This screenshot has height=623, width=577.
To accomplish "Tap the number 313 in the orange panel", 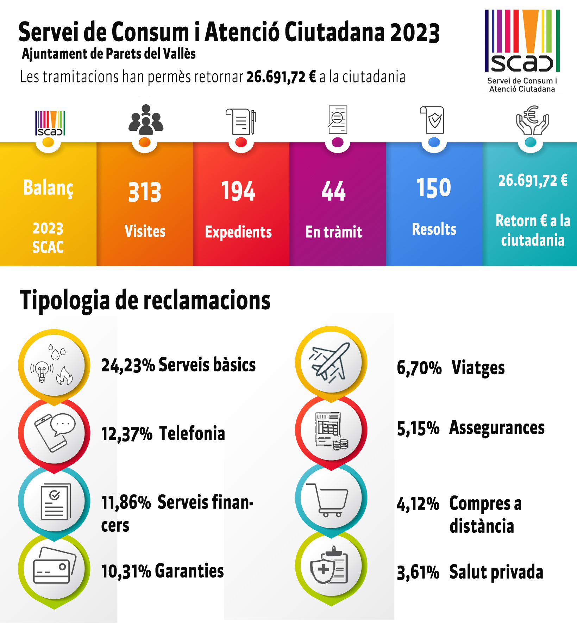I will [x=145, y=192].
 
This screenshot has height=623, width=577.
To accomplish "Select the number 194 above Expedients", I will [x=238, y=191].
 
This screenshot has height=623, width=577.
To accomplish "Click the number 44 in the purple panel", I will [x=333, y=191].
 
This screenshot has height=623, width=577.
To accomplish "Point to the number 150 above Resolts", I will [x=434, y=187].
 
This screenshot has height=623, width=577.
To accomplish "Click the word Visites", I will [x=145, y=232].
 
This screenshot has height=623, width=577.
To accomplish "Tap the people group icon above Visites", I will [x=146, y=120].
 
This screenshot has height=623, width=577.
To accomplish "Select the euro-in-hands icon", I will [x=532, y=121].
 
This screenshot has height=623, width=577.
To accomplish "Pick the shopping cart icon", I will [x=328, y=500].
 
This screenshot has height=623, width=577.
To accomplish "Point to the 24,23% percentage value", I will [x=128, y=365].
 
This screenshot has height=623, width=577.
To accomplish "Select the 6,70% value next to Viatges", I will [x=419, y=368].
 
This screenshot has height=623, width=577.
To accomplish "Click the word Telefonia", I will [x=192, y=433].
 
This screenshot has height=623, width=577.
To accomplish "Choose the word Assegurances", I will [x=497, y=428].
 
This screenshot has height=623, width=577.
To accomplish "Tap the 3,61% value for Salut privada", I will [x=418, y=572].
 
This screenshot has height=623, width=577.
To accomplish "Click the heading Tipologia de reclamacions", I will [x=145, y=300].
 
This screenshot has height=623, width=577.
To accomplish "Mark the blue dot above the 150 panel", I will [x=434, y=142].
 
